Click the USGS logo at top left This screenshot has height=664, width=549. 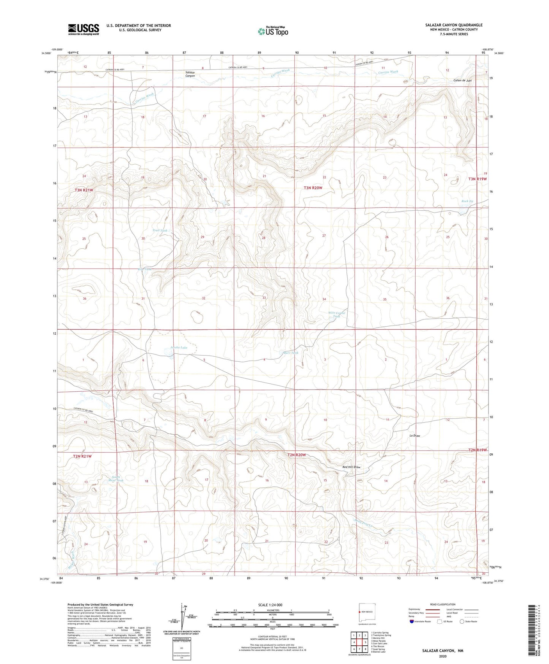(84, 29)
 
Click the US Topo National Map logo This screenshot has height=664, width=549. (272, 31)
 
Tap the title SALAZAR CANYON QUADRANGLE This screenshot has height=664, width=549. (454, 25)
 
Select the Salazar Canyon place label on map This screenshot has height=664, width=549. (190, 74)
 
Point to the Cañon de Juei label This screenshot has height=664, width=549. (462, 81)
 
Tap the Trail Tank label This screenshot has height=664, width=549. (160, 230)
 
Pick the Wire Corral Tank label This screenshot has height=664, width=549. (336, 315)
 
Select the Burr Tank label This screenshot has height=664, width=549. (291, 353)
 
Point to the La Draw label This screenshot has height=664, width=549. (415, 435)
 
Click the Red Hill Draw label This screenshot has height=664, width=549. (351, 467)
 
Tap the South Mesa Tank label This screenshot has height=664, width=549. (117, 479)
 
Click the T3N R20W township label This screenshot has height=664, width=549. (313, 188)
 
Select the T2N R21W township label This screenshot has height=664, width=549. (83, 456)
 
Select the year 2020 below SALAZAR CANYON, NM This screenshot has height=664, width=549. (443, 656)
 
